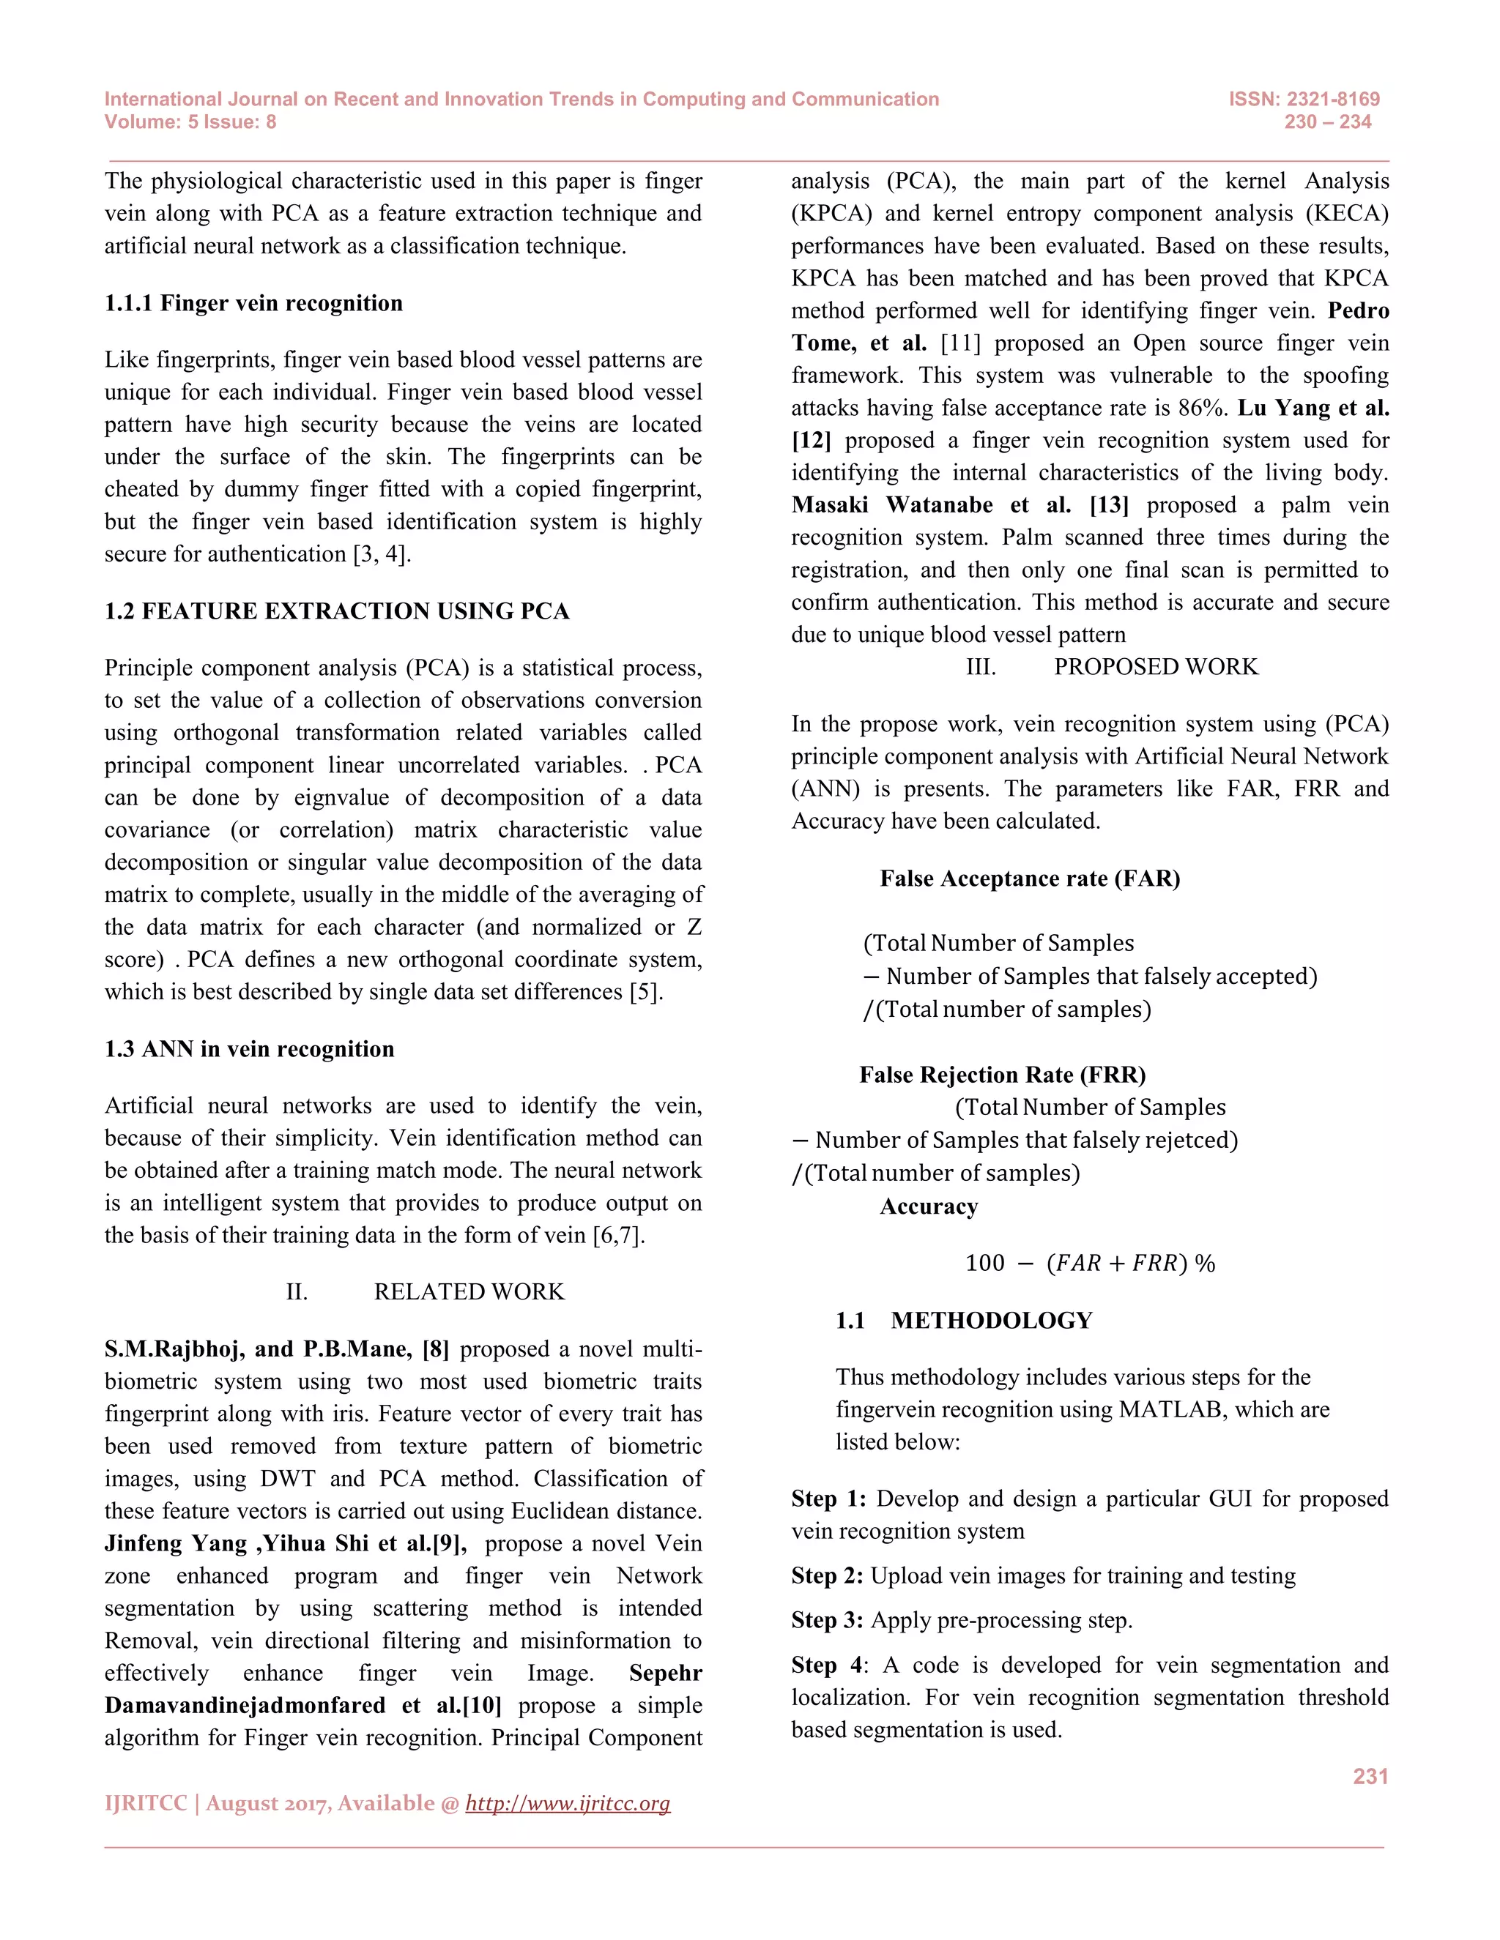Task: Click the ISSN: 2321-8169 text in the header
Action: click(x=1304, y=99)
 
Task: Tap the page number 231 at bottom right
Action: click(x=1370, y=1776)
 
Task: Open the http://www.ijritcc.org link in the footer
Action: click(x=567, y=1803)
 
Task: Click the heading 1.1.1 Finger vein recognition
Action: click(x=253, y=303)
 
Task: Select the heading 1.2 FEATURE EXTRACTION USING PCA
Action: click(x=337, y=611)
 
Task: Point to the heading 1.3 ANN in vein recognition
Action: click(x=249, y=1049)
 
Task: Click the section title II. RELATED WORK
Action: click(x=425, y=1291)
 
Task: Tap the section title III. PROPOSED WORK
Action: click(x=1112, y=667)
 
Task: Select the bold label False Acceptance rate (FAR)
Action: click(x=1029, y=878)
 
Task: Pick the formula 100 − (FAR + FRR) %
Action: click(x=1089, y=1263)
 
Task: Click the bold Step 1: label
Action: click(x=828, y=1499)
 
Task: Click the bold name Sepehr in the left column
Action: click(x=665, y=1673)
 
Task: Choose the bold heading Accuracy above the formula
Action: click(x=928, y=1206)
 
